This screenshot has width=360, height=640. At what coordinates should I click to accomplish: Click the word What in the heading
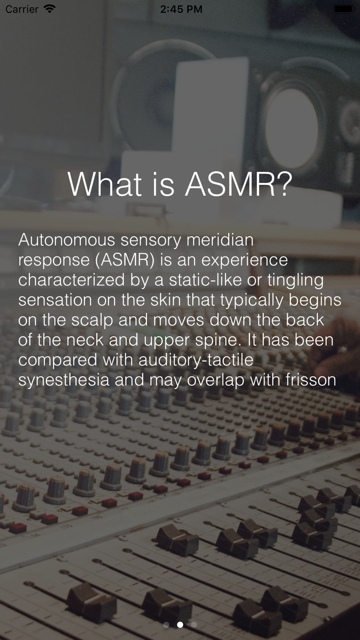(x=104, y=184)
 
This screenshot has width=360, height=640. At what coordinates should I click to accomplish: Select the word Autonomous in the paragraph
(x=67, y=240)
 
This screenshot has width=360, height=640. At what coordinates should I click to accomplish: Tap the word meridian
(x=220, y=240)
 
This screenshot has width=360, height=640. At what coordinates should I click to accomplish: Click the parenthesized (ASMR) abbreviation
(x=125, y=260)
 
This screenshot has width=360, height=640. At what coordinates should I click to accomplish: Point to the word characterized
(x=71, y=280)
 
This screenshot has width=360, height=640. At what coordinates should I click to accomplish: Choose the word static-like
(x=205, y=280)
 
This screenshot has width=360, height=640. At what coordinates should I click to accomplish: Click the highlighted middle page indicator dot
(x=180, y=625)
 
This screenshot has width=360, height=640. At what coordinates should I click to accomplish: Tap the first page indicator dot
(x=166, y=625)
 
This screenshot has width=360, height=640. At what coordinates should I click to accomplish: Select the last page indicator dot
(x=194, y=625)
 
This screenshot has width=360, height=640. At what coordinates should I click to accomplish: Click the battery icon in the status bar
(x=344, y=9)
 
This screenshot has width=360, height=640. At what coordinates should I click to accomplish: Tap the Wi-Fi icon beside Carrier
(x=49, y=9)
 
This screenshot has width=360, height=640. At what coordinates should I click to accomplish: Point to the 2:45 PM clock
(x=181, y=9)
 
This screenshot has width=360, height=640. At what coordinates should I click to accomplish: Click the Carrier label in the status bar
(x=22, y=9)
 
